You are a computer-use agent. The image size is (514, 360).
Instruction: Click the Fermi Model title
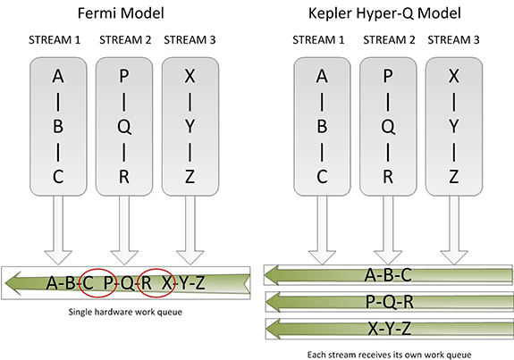(x=121, y=13)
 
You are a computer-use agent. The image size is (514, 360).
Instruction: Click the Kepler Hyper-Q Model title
(x=384, y=14)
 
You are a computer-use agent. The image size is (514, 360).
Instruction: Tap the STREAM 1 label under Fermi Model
(x=55, y=40)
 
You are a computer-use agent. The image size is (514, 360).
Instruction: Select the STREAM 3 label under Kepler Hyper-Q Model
(x=453, y=40)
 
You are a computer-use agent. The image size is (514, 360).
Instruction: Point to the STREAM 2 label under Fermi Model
(x=125, y=40)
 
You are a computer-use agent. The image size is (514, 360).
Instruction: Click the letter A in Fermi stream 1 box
(x=58, y=76)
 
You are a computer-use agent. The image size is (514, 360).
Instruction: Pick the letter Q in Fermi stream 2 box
(x=124, y=127)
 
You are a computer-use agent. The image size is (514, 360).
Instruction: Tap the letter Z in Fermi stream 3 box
(x=190, y=177)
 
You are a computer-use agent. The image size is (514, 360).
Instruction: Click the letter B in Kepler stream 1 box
(x=322, y=127)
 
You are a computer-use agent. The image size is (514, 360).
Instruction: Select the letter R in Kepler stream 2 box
(x=388, y=177)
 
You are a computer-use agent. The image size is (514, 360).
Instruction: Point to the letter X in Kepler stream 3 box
(x=454, y=76)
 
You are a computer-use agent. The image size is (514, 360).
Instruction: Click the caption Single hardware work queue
(x=125, y=312)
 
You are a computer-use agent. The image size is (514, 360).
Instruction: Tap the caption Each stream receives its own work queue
(x=389, y=355)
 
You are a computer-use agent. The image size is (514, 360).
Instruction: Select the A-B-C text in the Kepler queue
(x=388, y=274)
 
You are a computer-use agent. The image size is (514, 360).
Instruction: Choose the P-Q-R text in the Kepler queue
(x=390, y=301)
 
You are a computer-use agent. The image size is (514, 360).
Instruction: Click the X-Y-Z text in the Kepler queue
(x=390, y=328)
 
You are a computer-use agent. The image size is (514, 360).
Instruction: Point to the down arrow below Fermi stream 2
(x=124, y=230)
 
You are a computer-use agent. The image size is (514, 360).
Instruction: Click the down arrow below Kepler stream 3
(x=454, y=230)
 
